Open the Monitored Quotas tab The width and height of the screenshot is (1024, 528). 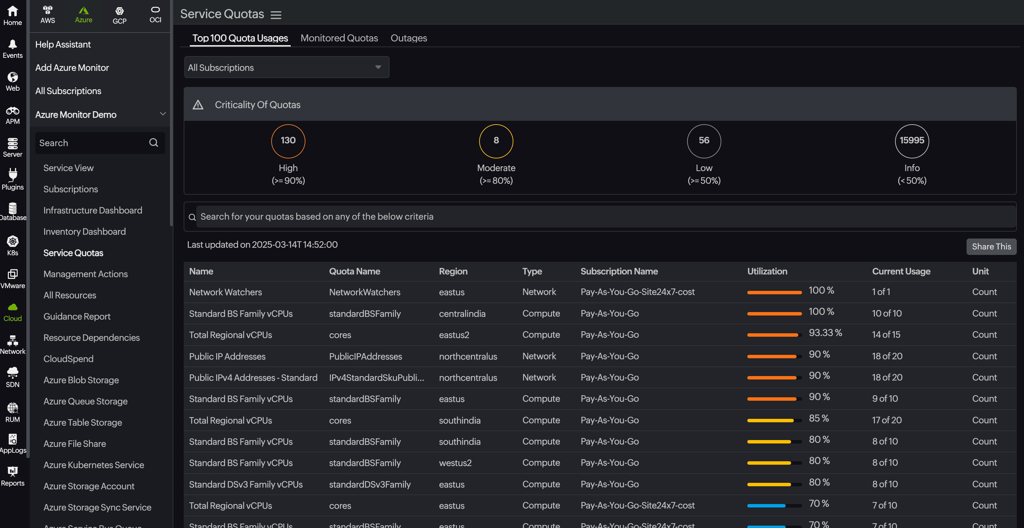(339, 38)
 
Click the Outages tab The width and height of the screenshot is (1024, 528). (409, 38)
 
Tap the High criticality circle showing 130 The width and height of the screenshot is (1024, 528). (288, 141)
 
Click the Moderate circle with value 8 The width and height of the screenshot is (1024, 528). (496, 141)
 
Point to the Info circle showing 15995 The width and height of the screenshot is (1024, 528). (911, 141)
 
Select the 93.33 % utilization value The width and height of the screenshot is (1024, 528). (825, 333)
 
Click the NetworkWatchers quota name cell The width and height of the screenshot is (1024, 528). (365, 292)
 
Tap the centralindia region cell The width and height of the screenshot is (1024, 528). (462, 314)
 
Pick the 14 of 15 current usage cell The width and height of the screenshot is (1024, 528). (886, 335)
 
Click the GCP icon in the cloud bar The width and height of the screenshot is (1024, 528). (119, 15)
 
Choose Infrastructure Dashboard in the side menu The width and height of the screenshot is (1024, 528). (93, 210)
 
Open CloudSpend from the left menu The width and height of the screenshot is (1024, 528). (68, 359)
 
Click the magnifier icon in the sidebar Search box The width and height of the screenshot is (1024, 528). (154, 143)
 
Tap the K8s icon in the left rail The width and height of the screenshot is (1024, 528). (13, 245)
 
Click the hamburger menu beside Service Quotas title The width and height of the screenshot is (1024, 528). (276, 15)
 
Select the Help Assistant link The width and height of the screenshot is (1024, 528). (63, 44)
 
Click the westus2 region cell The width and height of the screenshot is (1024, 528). (455, 463)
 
